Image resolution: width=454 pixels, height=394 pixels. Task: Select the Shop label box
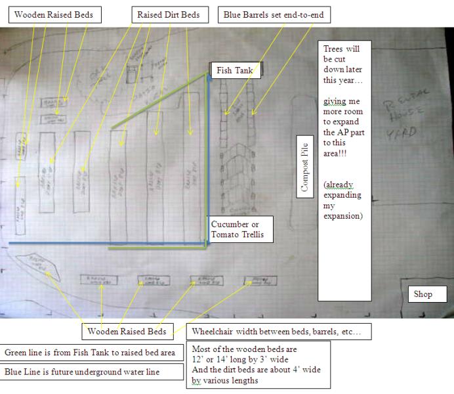click(x=423, y=294)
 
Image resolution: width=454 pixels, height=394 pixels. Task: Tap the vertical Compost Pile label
click(x=304, y=175)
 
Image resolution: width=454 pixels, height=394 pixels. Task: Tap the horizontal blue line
click(x=105, y=244)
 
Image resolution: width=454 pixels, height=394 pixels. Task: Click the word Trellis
click(x=246, y=234)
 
